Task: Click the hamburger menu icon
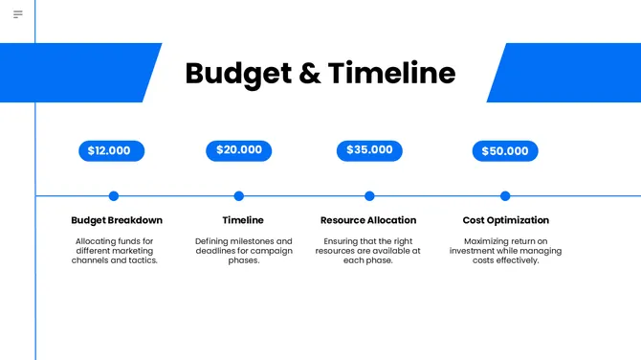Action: point(17,14)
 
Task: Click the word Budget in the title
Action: point(238,74)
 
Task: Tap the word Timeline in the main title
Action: point(391,74)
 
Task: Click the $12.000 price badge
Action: point(110,151)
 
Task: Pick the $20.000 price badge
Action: point(238,150)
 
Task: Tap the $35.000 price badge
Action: point(369,150)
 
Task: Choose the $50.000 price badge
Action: point(505,151)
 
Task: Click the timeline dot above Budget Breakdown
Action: point(114,196)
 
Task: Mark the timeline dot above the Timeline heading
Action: point(239,196)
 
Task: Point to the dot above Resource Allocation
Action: point(369,196)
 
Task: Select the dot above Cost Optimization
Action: point(505,196)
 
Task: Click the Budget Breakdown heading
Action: point(117,220)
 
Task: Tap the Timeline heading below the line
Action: point(243,220)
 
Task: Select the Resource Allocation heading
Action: point(368,220)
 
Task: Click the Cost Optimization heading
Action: point(505,220)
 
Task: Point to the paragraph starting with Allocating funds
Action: point(115,251)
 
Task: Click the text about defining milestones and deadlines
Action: point(243,251)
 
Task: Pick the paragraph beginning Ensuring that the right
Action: point(368,251)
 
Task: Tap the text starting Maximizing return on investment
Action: point(505,251)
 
